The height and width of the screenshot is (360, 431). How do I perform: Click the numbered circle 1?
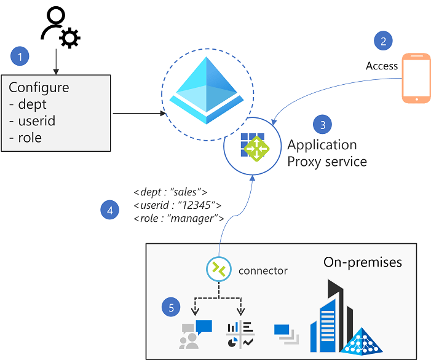point(21,57)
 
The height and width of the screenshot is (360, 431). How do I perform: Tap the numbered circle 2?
point(383,41)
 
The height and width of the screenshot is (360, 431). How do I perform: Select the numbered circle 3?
point(322,125)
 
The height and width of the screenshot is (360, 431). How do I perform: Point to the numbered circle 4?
point(110,210)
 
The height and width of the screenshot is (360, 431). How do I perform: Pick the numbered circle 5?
point(172,308)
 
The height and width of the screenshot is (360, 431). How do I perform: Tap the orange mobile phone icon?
point(416,78)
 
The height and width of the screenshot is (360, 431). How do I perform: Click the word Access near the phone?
point(382,66)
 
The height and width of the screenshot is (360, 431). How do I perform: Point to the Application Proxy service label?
point(326,153)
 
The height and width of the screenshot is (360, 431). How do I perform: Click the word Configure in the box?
point(39,87)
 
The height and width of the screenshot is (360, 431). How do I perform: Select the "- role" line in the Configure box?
point(26,138)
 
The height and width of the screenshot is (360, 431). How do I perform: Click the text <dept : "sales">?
point(172,191)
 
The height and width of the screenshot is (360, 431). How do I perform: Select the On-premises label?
point(363,262)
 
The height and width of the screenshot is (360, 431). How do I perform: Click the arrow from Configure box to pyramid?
point(139,114)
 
